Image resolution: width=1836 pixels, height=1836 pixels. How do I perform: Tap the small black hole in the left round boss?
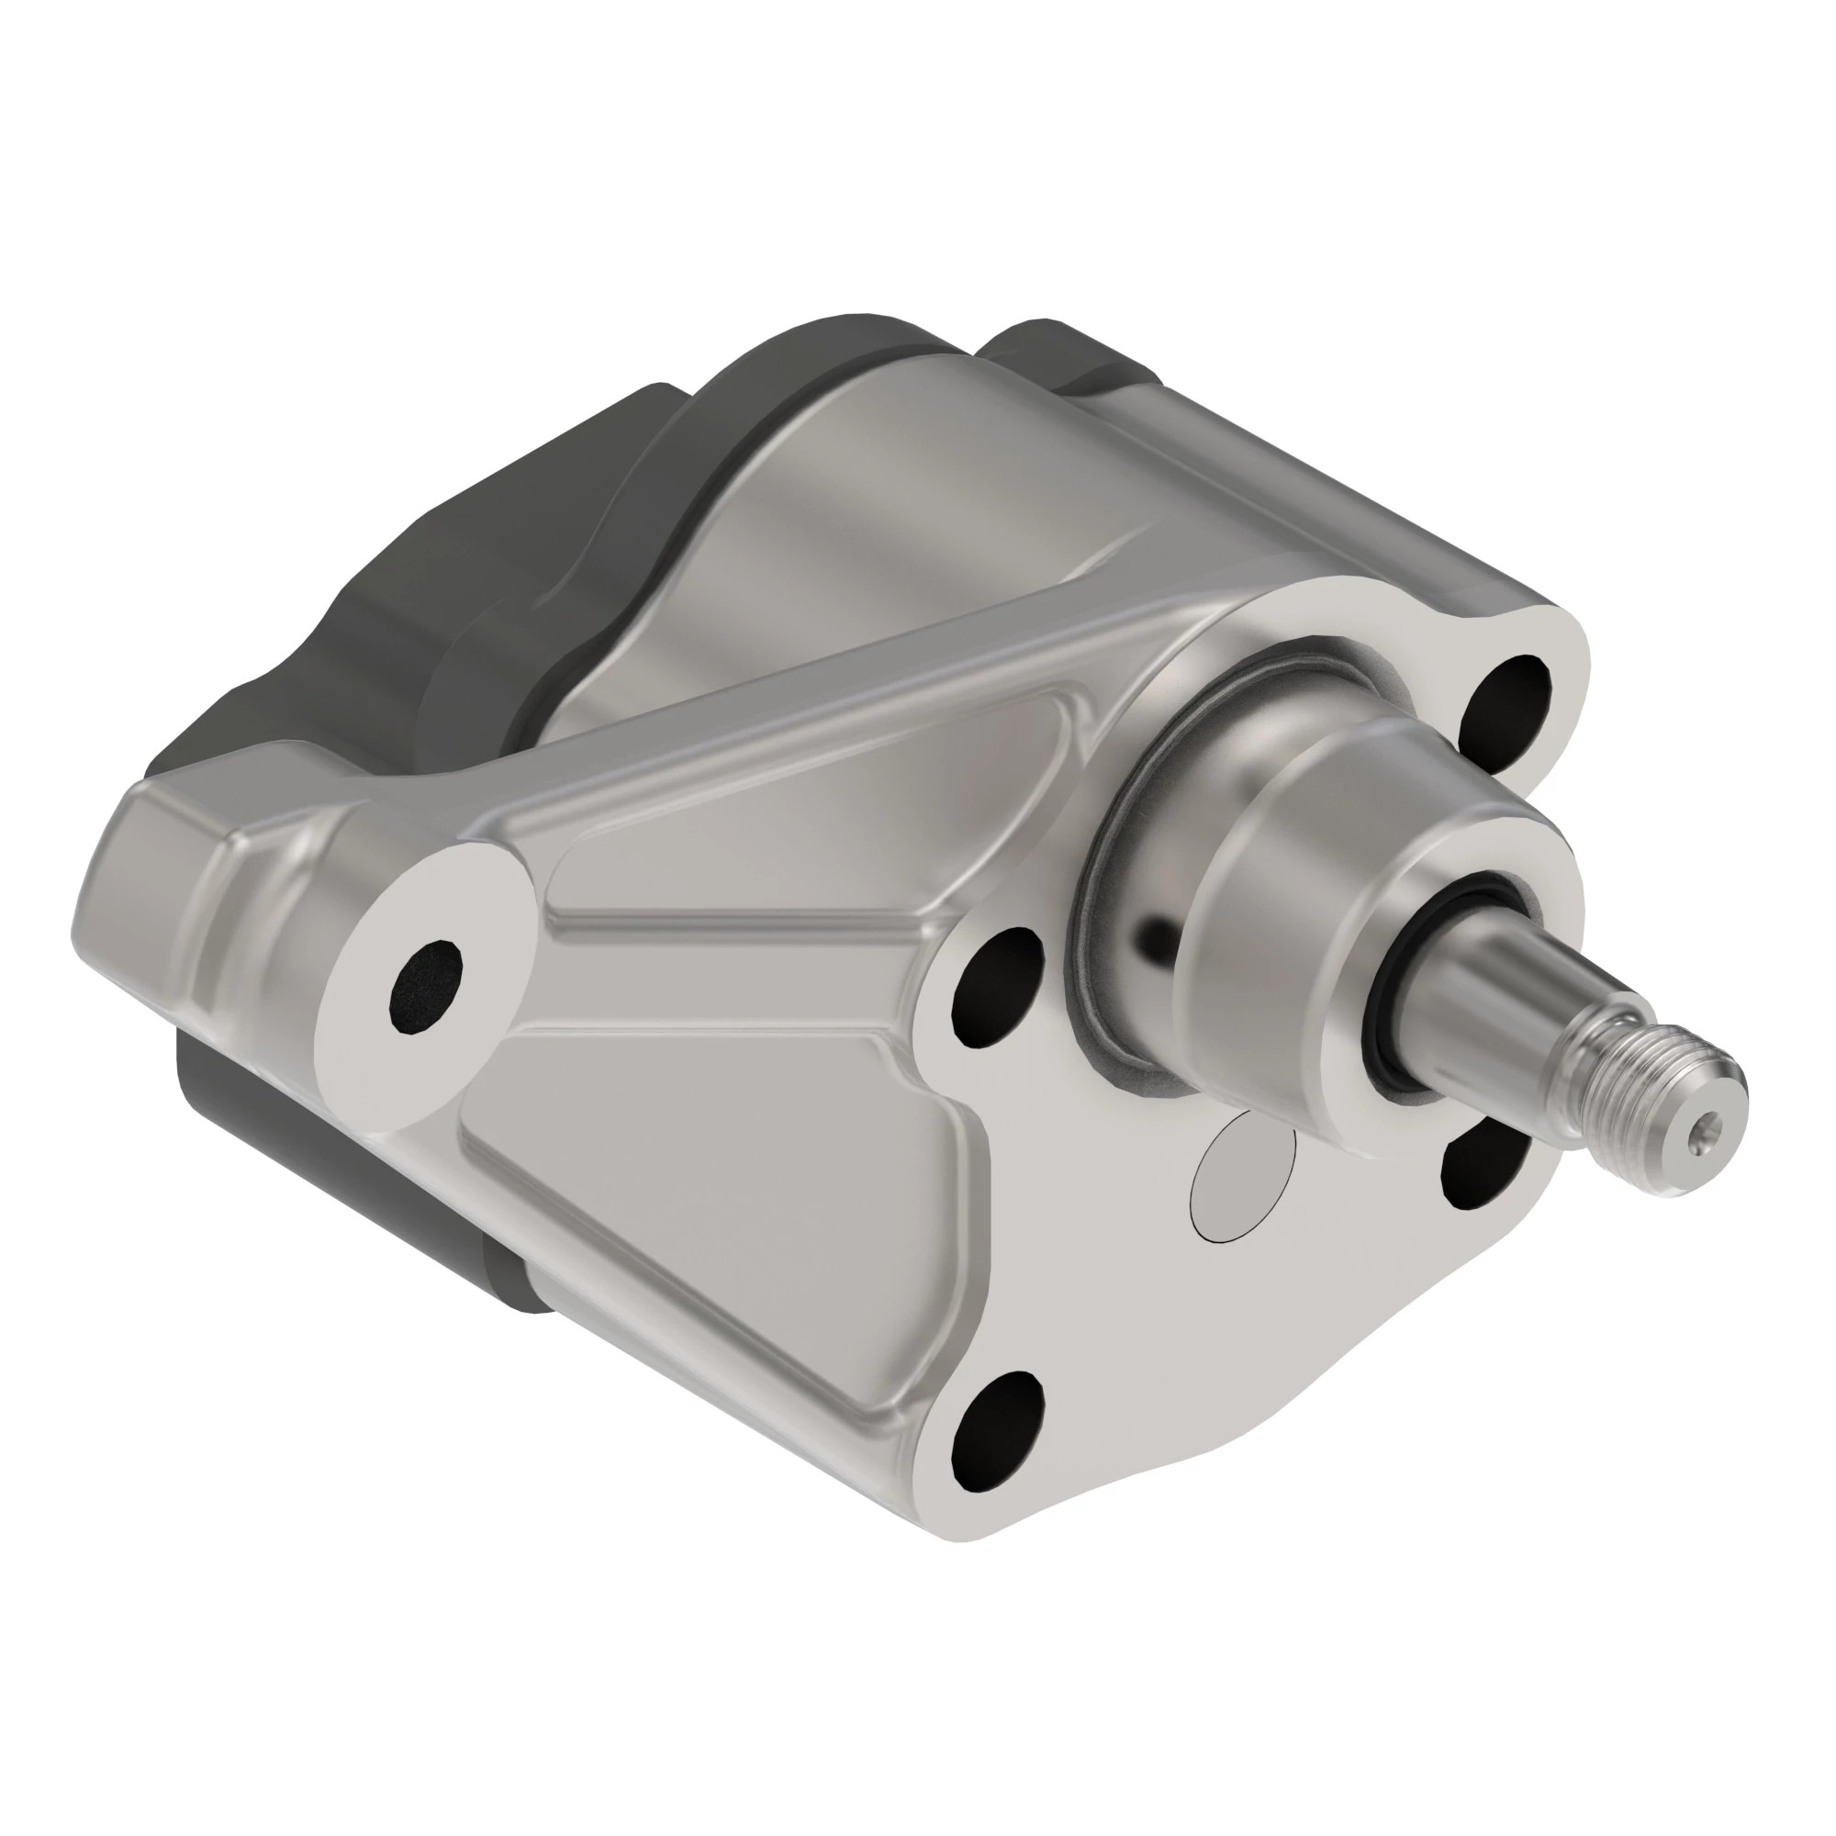tap(425, 984)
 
